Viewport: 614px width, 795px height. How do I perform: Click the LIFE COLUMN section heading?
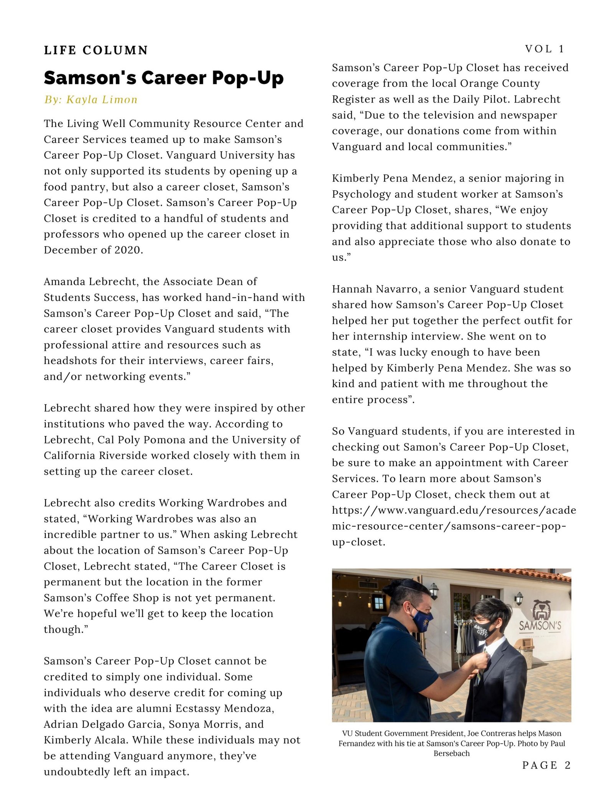coord(96,50)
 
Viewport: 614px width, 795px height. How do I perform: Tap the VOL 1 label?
coord(545,49)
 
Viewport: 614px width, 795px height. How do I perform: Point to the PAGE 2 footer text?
coord(546,765)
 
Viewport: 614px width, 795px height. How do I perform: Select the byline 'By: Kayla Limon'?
coord(91,100)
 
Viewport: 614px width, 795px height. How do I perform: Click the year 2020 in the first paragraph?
coord(128,250)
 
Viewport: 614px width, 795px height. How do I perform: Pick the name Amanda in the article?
coord(64,281)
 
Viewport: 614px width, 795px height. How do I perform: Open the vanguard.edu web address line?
coord(454,510)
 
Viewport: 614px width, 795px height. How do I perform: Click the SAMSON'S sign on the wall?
coord(540,626)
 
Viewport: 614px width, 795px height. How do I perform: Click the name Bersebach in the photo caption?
coord(451,754)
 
